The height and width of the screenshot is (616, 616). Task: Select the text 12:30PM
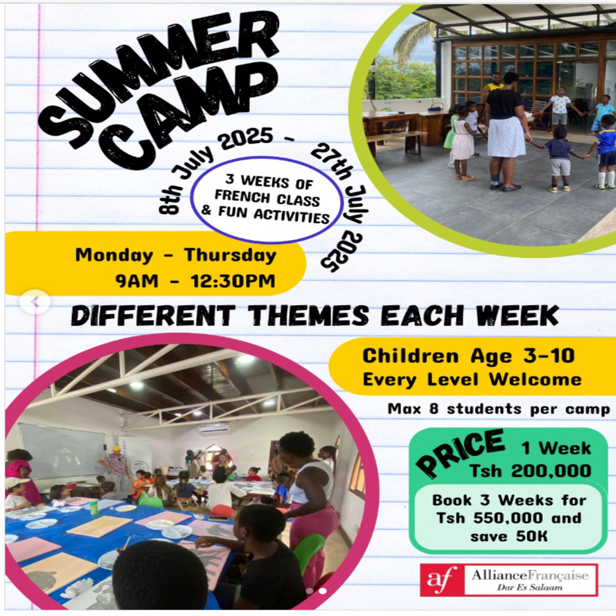233,281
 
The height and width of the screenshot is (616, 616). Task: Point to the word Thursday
230,255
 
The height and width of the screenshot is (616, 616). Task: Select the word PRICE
460,452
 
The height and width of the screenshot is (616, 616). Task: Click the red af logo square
442,580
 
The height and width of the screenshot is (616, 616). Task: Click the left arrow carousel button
35,301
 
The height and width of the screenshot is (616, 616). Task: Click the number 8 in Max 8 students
434,408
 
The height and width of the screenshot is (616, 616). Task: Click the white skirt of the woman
506,136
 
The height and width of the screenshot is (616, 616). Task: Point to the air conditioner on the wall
214,429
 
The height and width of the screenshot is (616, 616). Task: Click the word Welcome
536,380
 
